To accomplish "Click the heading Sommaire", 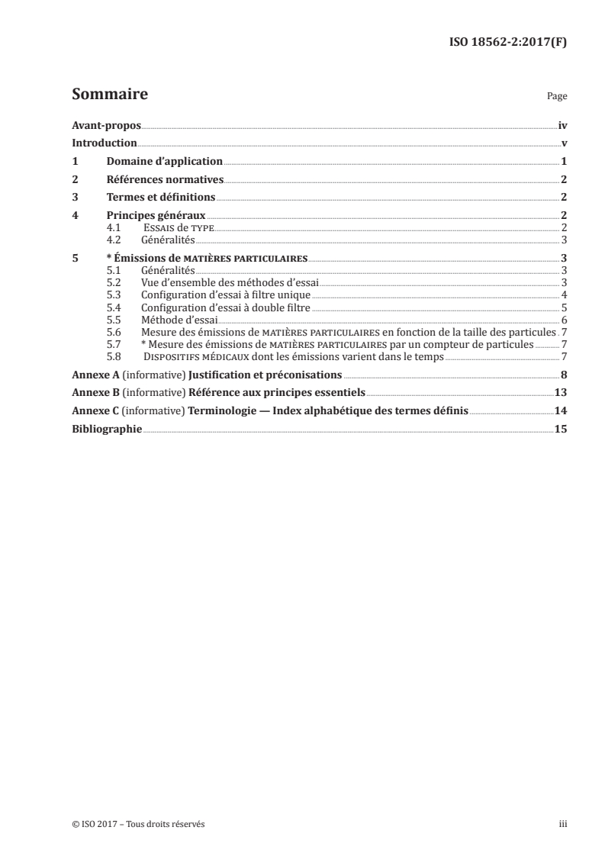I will pos(109,95).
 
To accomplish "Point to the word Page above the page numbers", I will pos(556,98).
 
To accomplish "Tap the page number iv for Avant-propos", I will pos(562,125).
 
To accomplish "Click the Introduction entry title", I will pos(104,143).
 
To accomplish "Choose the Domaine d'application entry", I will pos(164,161).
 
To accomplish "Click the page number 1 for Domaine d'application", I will pos(563,161).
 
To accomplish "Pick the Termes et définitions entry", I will pos(160,198).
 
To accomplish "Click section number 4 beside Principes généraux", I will pos(74,216).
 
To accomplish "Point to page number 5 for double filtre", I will pos(563,307).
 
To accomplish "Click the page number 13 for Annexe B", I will pos(561,393).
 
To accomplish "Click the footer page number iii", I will pos(563,824).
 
